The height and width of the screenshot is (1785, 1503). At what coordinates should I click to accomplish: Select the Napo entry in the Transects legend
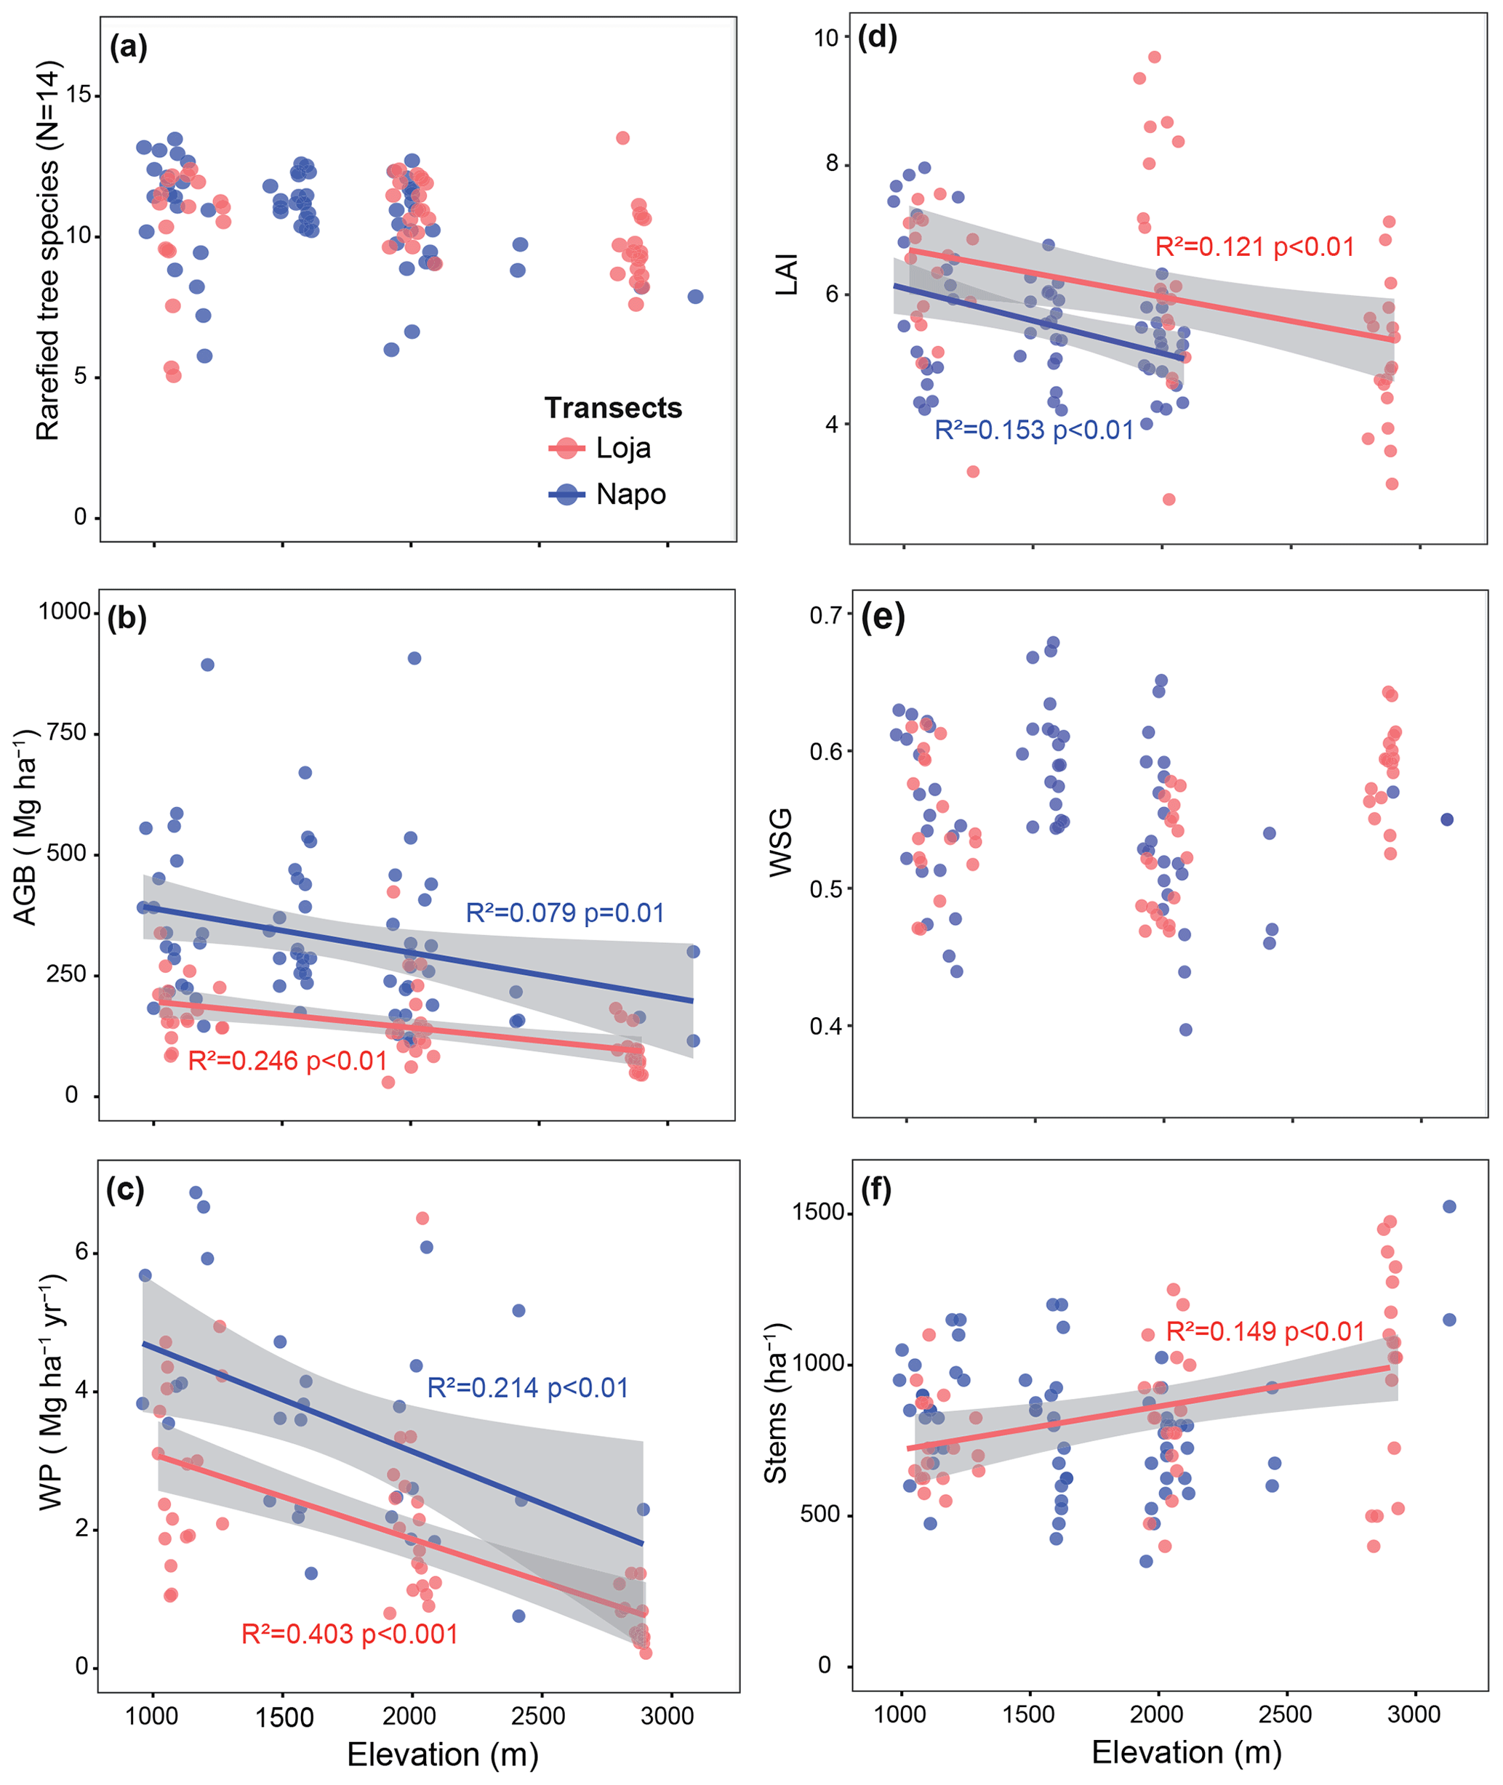pos(630,494)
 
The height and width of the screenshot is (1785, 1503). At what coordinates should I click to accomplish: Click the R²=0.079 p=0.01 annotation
pos(564,913)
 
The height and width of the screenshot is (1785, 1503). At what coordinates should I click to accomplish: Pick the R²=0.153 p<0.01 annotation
pos(1033,430)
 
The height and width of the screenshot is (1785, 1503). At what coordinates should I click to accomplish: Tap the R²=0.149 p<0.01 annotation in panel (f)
pos(1264,1332)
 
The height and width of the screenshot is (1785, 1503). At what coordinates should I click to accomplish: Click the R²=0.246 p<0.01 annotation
pos(287,1061)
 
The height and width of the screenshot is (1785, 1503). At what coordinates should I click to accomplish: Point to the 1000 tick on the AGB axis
pos(65,611)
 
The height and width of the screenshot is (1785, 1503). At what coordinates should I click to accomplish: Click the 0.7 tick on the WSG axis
pos(825,614)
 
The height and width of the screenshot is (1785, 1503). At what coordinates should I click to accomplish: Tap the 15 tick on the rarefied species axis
pos(79,95)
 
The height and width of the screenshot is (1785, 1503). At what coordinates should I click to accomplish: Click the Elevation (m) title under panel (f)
pos(1186,1752)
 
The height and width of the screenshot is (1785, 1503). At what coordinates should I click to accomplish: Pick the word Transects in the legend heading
pos(613,408)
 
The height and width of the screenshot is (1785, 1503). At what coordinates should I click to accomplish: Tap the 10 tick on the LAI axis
pos(825,38)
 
